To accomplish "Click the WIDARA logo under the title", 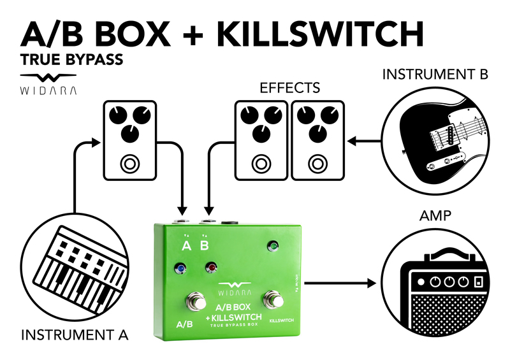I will pyautogui.click(x=48, y=83).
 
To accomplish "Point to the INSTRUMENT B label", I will pyautogui.click(x=435, y=75).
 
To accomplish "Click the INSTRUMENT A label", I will pyautogui.click(x=75, y=334).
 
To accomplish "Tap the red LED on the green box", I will pyautogui.click(x=208, y=268).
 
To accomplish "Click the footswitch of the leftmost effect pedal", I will pyautogui.click(x=130, y=164).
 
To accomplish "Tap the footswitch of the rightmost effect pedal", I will pyautogui.click(x=316, y=164).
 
